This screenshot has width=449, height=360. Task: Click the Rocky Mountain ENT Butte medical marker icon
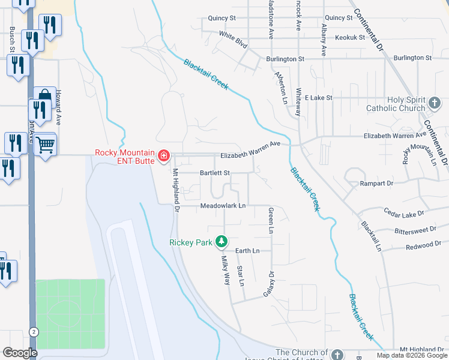163,157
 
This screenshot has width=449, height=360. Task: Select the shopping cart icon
45,145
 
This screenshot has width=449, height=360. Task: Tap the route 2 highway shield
34,332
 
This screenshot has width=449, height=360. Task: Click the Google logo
20,353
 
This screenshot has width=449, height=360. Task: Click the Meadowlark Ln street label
223,206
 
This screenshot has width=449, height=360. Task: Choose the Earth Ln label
247,250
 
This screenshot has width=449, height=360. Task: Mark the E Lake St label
318,97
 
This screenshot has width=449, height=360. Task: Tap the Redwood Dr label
423,245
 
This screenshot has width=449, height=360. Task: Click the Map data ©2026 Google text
411,355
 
